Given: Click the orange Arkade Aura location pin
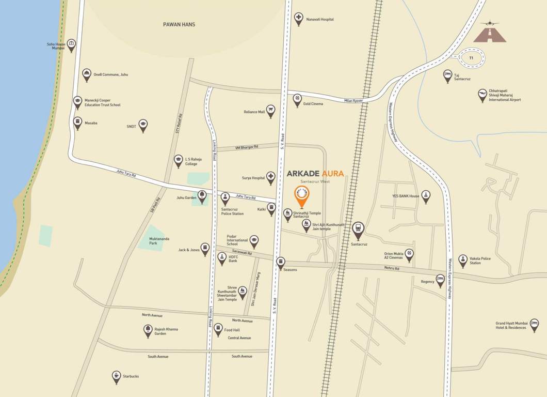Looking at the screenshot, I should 302,195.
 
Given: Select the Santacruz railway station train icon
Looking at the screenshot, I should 358,228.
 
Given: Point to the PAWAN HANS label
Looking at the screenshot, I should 179,24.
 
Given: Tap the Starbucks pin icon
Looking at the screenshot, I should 116,376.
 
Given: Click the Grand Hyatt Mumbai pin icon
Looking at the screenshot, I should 534,324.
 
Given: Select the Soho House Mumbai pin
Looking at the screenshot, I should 71,44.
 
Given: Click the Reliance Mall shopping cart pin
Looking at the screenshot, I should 270,111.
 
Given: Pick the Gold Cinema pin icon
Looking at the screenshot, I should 297,99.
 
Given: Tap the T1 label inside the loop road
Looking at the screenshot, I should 471,58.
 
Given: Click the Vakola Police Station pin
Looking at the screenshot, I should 462,260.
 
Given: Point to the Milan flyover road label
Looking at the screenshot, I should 354,100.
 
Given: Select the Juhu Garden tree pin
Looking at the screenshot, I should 202,195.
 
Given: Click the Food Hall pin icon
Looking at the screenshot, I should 218,329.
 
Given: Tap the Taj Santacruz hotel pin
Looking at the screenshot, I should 447,75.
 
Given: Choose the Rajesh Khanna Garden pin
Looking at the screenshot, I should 148,330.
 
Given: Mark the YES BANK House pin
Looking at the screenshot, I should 426,195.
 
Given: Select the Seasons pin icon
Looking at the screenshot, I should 280,263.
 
